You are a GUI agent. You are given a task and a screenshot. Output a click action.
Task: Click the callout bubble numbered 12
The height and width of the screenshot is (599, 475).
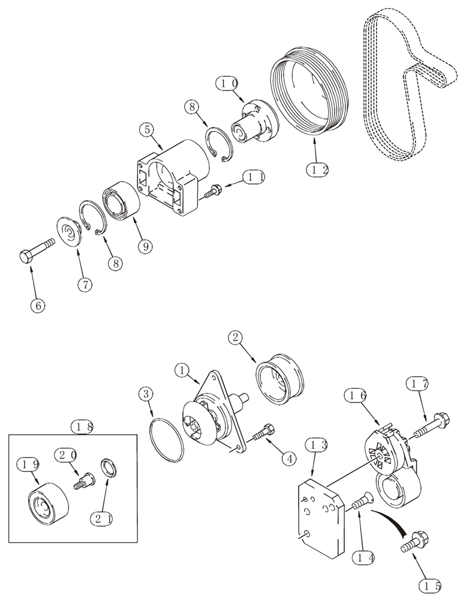(x=317, y=170)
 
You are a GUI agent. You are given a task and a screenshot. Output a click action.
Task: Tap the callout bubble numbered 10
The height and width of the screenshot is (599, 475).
(x=229, y=83)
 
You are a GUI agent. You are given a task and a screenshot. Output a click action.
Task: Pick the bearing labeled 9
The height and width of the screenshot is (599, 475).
(x=122, y=200)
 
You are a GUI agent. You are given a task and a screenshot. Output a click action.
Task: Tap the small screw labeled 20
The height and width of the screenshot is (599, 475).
(x=83, y=480)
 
